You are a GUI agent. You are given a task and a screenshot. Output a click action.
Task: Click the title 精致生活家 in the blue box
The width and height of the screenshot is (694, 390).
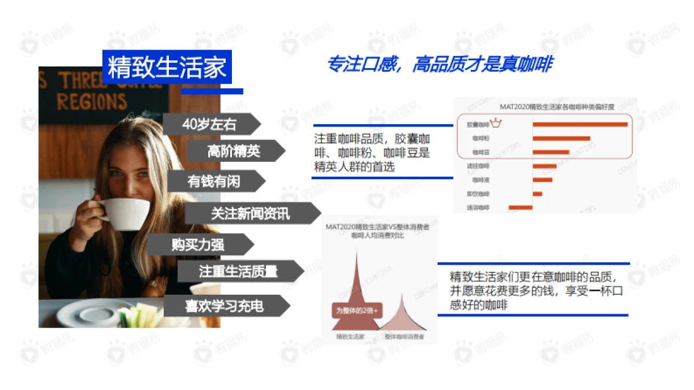coord(167,67)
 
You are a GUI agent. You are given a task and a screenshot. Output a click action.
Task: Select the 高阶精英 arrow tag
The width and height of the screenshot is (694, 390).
coord(234,151)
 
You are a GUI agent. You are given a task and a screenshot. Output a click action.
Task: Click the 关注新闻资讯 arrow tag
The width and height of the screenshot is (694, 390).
coord(250,214)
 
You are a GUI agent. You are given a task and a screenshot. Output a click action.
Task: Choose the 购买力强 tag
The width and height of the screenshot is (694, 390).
coord(198,245)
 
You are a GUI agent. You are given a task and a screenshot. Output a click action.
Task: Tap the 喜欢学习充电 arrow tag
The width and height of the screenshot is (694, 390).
coord(224,306)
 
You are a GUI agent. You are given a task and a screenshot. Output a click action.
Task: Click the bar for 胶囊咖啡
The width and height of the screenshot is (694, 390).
coord(580,124)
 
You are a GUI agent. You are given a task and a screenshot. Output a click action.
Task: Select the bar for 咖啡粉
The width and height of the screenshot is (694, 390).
coord(562,139)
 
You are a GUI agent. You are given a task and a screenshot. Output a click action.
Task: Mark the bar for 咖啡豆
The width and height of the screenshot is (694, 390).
coord(551,153)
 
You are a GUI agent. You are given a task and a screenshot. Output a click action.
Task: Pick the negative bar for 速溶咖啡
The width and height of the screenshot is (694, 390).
coord(520,207)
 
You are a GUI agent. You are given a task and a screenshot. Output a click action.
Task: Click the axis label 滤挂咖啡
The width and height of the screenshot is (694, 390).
coord(478,166)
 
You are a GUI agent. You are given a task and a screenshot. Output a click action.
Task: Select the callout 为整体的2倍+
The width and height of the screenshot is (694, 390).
coord(357,310)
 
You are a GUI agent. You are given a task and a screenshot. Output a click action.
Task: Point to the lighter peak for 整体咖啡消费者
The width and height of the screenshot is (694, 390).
coord(403,318)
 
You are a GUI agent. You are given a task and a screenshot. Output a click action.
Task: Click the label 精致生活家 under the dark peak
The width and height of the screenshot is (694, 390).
coord(350,336)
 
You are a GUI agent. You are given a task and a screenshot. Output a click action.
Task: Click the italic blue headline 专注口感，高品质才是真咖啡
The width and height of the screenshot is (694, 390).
coord(439,64)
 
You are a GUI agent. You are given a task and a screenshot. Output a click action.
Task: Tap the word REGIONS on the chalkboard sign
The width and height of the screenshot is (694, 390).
coord(91,102)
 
